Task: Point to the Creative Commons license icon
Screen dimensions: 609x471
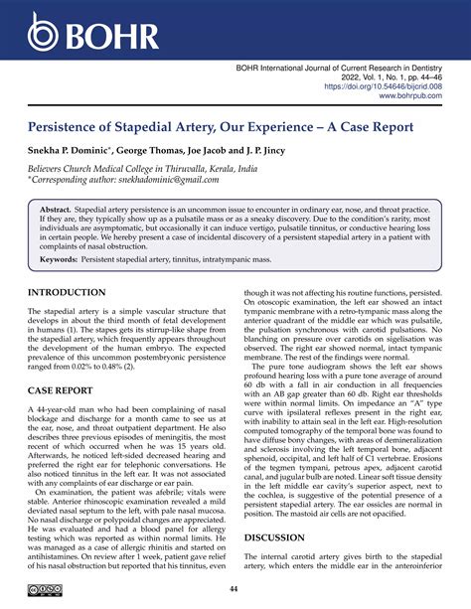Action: coord(44,591)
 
